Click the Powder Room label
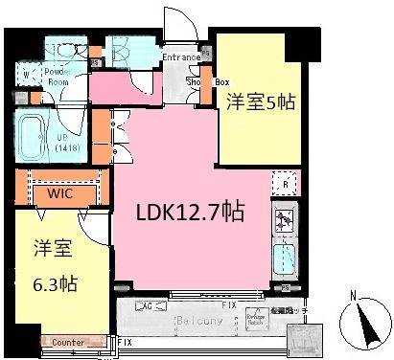52,78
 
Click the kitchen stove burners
285,221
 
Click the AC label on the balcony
147,306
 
